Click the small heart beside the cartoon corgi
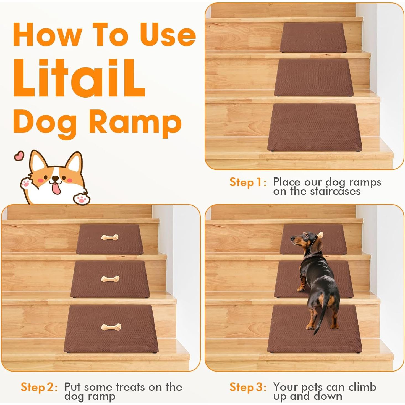point(19,156)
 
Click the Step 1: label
point(248,182)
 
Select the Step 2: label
point(39,387)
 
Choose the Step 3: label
point(248,387)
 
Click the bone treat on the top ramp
point(110,237)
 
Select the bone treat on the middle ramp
point(110,279)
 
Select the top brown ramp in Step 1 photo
point(313,37)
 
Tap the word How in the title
point(47,35)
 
